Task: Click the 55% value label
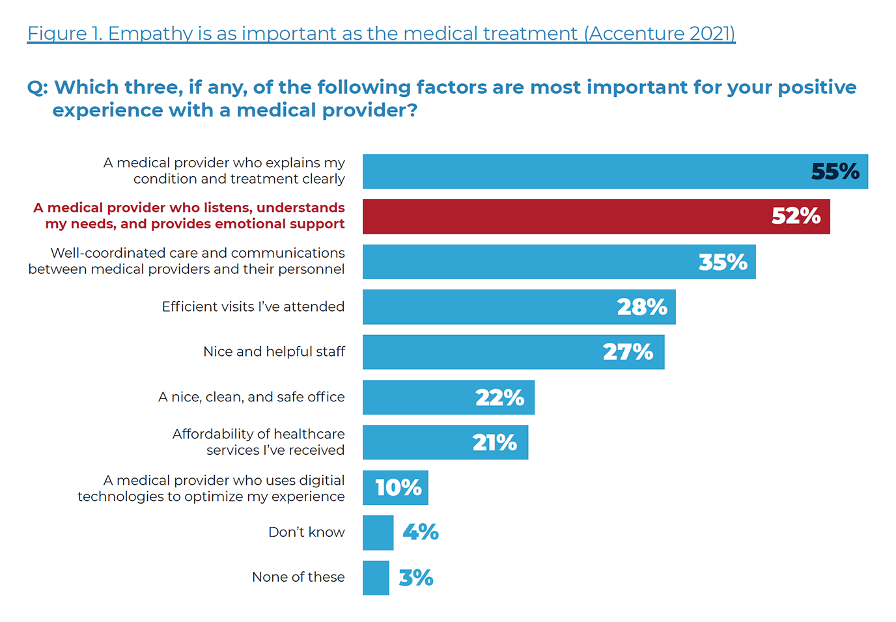point(835,172)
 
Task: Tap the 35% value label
point(723,262)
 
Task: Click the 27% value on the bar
point(628,352)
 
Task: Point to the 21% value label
point(494,442)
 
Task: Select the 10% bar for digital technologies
point(395,487)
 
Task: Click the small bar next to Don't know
point(378,533)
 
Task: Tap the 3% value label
point(416,578)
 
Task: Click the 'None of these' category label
point(298,577)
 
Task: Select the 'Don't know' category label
point(306,532)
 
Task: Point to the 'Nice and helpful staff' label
point(274,352)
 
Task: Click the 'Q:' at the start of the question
point(37,88)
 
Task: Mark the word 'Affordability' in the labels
point(213,434)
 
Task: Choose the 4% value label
point(421,532)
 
